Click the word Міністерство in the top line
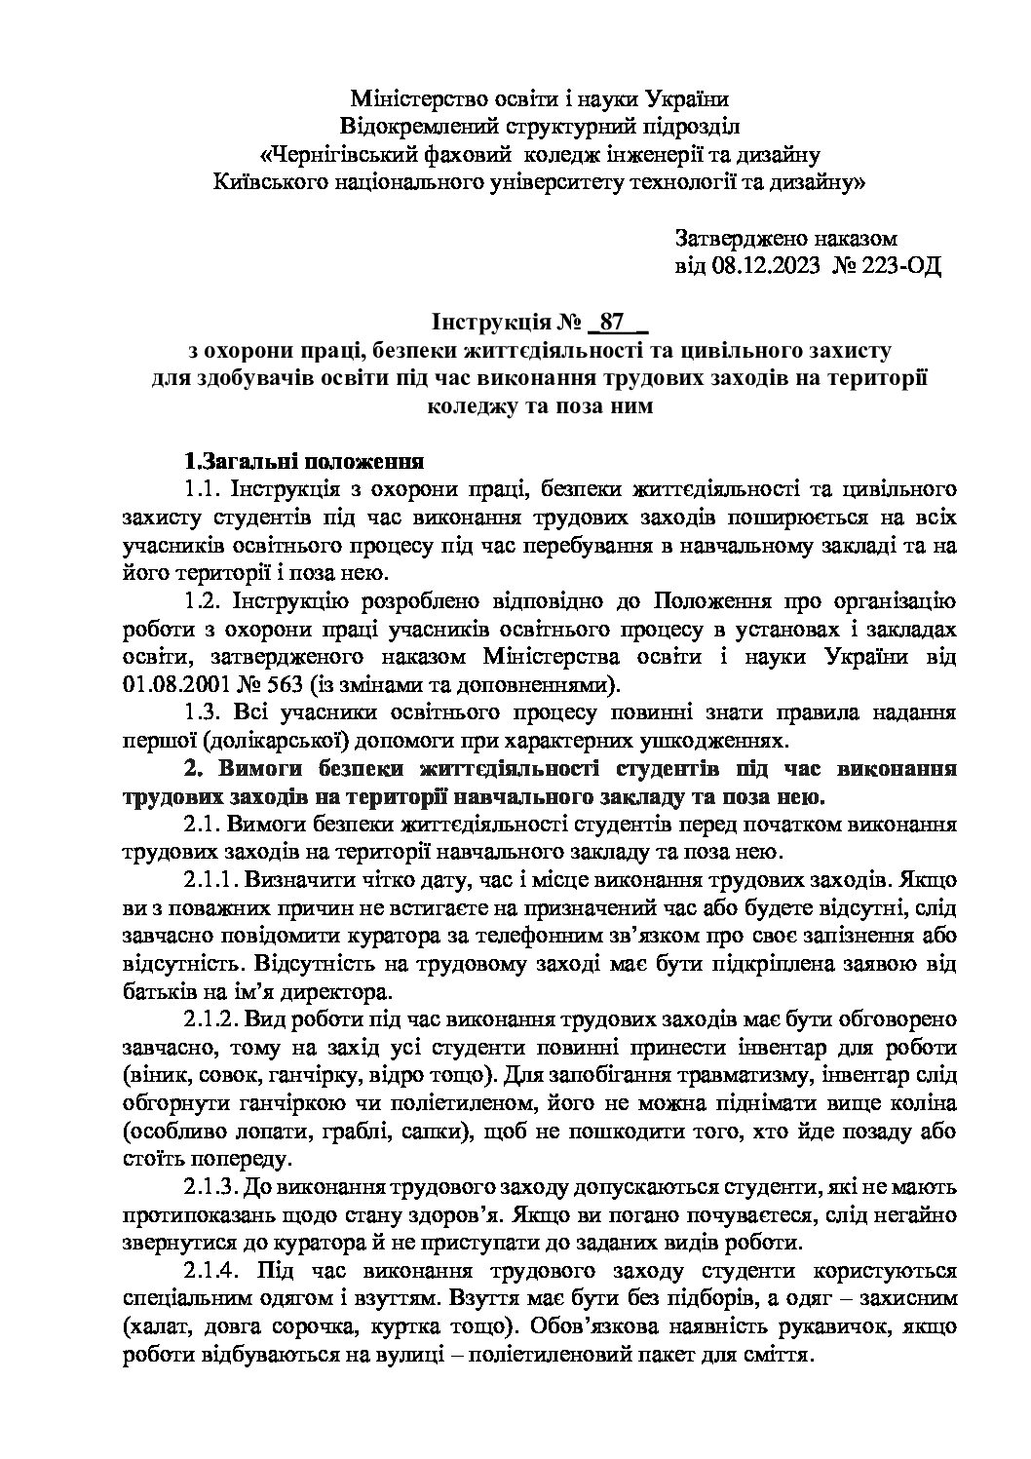coord(417,98)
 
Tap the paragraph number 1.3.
coord(204,712)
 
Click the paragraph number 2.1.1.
coord(211,880)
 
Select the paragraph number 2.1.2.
coord(211,1020)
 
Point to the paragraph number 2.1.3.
coord(211,1188)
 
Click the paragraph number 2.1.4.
coord(211,1272)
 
